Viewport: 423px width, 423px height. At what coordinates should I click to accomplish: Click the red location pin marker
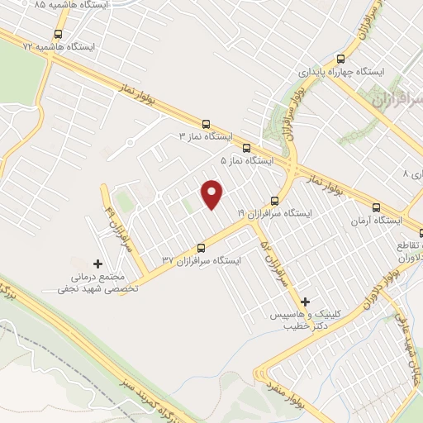(x=213, y=194)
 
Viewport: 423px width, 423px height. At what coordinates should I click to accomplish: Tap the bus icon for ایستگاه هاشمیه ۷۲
(x=57, y=35)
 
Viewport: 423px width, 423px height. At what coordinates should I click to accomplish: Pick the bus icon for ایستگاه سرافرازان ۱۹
(x=275, y=201)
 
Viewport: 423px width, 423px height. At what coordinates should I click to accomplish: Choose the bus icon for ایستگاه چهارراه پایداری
(x=340, y=59)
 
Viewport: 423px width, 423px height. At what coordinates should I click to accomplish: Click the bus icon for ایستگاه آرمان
(x=377, y=208)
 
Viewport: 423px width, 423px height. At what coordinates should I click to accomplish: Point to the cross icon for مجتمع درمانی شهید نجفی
(x=98, y=263)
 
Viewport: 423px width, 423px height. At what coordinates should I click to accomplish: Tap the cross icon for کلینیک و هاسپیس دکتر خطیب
(x=307, y=301)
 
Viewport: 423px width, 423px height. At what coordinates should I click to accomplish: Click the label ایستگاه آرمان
(x=377, y=221)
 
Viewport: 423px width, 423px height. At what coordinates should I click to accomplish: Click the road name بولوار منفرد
(x=282, y=383)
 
